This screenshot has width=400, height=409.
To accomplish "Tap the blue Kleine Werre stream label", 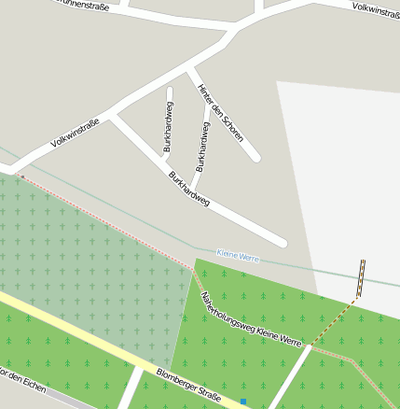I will pos(238,256).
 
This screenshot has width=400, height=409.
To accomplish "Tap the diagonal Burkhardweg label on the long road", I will pos(188,189).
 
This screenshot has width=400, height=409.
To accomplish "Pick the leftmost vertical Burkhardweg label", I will pos(168,127).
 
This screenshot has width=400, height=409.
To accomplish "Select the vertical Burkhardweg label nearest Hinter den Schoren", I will pos(200,146).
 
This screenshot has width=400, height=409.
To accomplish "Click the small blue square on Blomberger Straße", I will pos(242,402).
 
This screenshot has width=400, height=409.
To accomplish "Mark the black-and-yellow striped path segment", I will pos(361,278).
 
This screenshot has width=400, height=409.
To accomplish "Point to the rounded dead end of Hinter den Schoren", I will pos(255,157).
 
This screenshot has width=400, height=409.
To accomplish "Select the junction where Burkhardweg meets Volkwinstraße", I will pos(112,116).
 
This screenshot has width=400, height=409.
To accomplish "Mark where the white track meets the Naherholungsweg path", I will pos(309,346).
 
